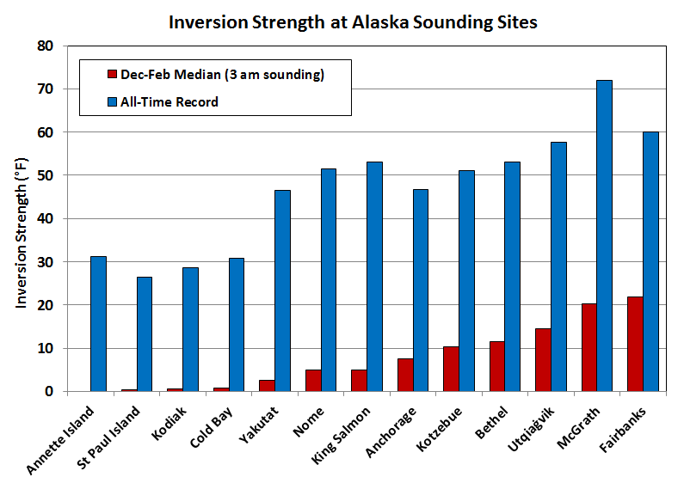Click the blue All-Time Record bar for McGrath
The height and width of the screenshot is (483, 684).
604,235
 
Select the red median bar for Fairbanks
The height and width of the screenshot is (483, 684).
635,344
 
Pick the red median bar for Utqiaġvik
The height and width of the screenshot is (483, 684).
542,359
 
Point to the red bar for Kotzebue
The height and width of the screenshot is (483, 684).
451,369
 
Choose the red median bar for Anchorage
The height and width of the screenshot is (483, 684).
404,375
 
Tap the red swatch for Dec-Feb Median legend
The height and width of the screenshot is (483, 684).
110,75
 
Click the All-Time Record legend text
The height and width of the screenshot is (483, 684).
169,102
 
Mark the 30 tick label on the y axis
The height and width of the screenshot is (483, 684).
46,262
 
